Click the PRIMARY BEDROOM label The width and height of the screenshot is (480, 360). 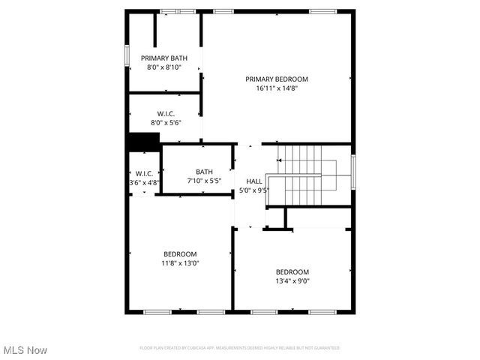[x=277, y=79]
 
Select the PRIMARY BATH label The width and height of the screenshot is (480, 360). [x=164, y=58]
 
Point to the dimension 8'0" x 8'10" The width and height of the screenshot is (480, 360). [x=164, y=67]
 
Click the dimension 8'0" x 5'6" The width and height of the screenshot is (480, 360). [x=166, y=122]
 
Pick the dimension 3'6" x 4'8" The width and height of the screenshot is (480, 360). [x=144, y=182]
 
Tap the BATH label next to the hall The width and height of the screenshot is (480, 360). [x=204, y=172]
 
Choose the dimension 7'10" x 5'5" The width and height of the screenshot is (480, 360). [x=204, y=181]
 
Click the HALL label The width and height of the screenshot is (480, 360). [x=254, y=181]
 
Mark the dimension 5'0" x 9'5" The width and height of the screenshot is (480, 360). [x=254, y=190]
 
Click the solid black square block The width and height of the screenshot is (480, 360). [x=143, y=142]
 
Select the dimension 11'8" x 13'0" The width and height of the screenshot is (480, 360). [x=180, y=263]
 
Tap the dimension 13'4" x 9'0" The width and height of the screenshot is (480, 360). [x=292, y=281]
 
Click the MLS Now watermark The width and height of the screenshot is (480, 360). [x=25, y=350]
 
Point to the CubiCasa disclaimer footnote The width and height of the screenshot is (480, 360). [x=239, y=348]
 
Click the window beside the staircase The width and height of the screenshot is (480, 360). [x=353, y=173]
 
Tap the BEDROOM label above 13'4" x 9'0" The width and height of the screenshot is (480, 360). [x=292, y=271]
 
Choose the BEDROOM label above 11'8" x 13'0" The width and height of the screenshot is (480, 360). [x=180, y=253]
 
